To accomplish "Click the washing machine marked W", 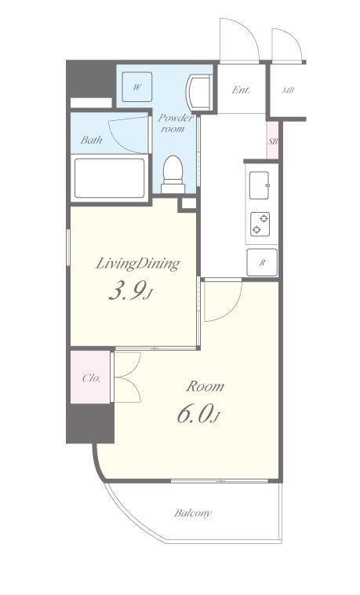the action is tap(137, 87).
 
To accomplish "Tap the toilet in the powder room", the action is tap(173, 174).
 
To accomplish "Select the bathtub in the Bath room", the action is tap(110, 178).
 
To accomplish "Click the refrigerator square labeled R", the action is tap(262, 262).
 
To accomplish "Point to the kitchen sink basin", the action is tap(260, 185).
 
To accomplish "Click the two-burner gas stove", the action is tap(260, 224).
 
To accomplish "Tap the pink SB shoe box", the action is tap(272, 141).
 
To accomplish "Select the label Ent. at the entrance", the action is tap(241, 90).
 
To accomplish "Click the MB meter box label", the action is tap(289, 90).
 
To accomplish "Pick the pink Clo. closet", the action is tap(90, 378).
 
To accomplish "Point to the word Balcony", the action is tap(193, 513).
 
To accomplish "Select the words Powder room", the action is tap(175, 123).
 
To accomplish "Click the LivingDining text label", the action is tap(137, 263).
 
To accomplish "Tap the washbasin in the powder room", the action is tap(198, 93).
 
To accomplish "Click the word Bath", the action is tap(92, 140).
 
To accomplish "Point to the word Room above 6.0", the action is tap(205, 386).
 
